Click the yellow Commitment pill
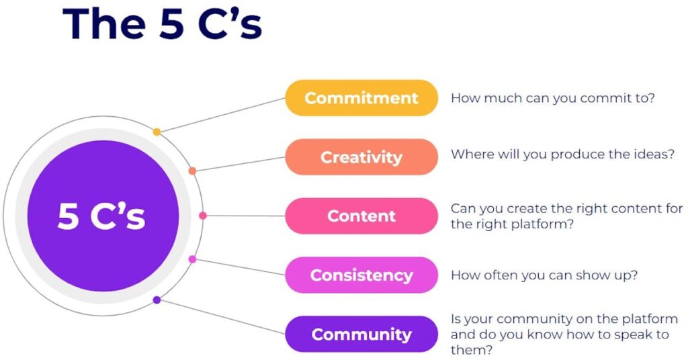(361, 98)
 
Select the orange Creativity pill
(361, 157)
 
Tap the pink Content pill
(361, 216)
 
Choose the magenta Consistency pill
(361, 275)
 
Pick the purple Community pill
(361, 334)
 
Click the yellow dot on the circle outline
(157, 132)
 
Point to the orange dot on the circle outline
(192, 171)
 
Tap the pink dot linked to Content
(203, 216)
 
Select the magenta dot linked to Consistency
(192, 259)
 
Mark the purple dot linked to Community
(157, 300)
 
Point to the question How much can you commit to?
(552, 98)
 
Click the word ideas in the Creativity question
(648, 154)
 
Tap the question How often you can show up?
(544, 275)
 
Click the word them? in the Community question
(472, 350)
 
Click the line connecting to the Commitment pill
(221, 115)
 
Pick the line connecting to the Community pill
(221, 317)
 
